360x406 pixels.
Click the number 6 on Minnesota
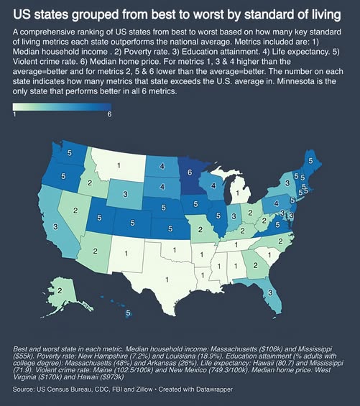[x=190, y=172]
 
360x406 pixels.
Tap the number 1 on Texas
[x=167, y=280]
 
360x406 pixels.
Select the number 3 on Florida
[x=270, y=292]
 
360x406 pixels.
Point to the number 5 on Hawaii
[x=128, y=313]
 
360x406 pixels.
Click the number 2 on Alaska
[x=60, y=290]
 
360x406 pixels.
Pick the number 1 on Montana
[x=119, y=165]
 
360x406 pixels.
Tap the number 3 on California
[x=55, y=227]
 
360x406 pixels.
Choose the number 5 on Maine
[x=310, y=161]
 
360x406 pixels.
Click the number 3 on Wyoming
[x=125, y=194]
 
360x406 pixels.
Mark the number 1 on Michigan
[x=238, y=193]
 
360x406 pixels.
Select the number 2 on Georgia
[x=255, y=265]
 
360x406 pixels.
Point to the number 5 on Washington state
[x=70, y=153]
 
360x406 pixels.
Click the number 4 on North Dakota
[x=162, y=166]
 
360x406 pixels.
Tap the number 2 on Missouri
[x=200, y=229]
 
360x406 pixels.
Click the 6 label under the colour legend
[x=109, y=114]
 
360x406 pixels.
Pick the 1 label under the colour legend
[x=14, y=114]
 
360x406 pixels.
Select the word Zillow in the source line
[x=144, y=389]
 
